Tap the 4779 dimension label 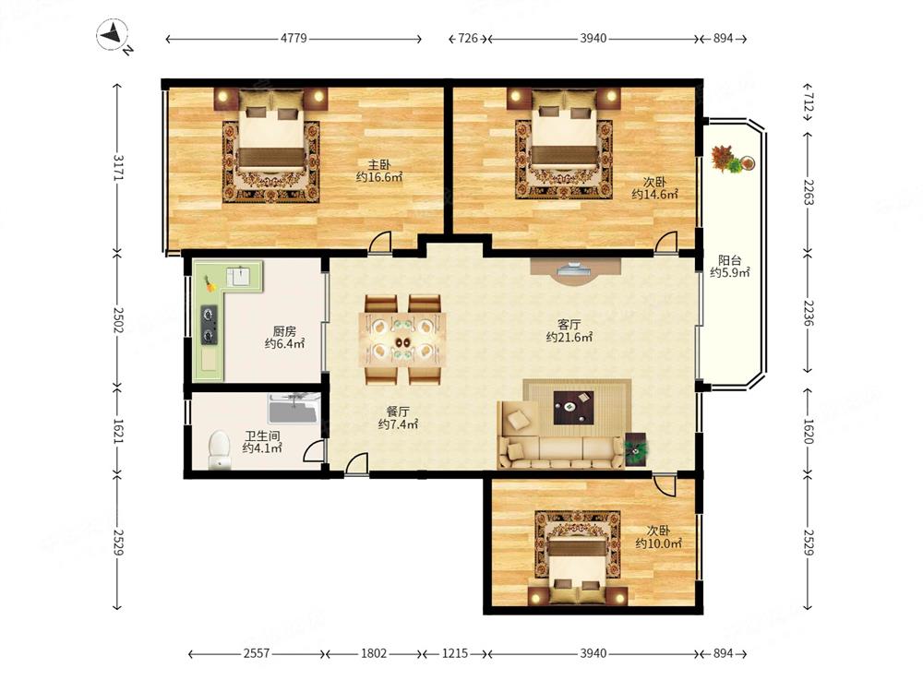pos(294,38)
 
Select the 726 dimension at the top pos(467,38)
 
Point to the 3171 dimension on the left pos(118,168)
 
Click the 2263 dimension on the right pos(807,193)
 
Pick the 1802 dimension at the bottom pos(374,653)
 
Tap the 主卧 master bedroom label pos(379,164)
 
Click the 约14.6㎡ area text pos(654,194)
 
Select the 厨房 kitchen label pos(284,331)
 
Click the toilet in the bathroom pos(220,449)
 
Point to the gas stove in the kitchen pos(210,324)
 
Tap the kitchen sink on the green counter pos(240,276)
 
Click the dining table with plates pos(402,340)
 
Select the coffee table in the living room pos(573,407)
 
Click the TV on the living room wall pos(574,270)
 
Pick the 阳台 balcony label pos(730,260)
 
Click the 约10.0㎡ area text pos(659,543)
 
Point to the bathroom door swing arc pos(312,449)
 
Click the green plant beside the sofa pos(636,449)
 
